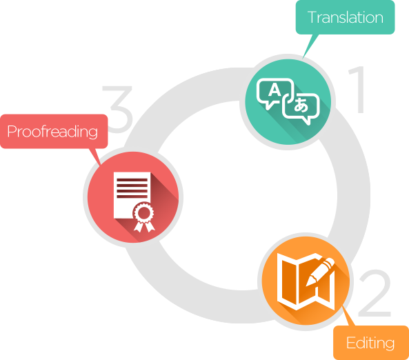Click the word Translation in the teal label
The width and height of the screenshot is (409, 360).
pyautogui.click(x=346, y=17)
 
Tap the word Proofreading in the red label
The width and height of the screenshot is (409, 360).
pyautogui.click(x=52, y=132)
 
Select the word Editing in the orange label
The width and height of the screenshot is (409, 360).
pyautogui.click(x=370, y=343)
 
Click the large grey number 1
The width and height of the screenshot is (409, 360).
pyautogui.click(x=357, y=90)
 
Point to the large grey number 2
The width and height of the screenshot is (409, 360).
pyautogui.click(x=375, y=293)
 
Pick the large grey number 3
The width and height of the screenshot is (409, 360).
pyautogui.click(x=117, y=109)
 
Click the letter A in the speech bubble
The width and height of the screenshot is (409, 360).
pyautogui.click(x=275, y=90)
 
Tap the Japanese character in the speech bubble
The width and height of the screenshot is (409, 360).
pyautogui.click(x=301, y=105)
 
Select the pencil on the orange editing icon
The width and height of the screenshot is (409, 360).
pyautogui.click(x=320, y=271)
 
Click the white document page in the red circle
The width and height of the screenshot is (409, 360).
pyautogui.click(x=132, y=195)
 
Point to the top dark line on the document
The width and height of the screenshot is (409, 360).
pyautogui.click(x=132, y=180)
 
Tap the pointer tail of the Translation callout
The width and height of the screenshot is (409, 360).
pyautogui.click(x=310, y=46)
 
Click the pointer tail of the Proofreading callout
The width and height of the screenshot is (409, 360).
pyautogui.click(x=95, y=157)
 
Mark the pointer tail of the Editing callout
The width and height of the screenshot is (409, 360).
pyautogui.click(x=348, y=316)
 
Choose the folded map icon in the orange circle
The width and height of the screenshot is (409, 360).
pyautogui.click(x=306, y=281)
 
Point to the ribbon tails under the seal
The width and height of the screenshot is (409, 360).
pyautogui.click(x=144, y=226)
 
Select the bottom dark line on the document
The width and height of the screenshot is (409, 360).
pyautogui.click(x=132, y=197)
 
